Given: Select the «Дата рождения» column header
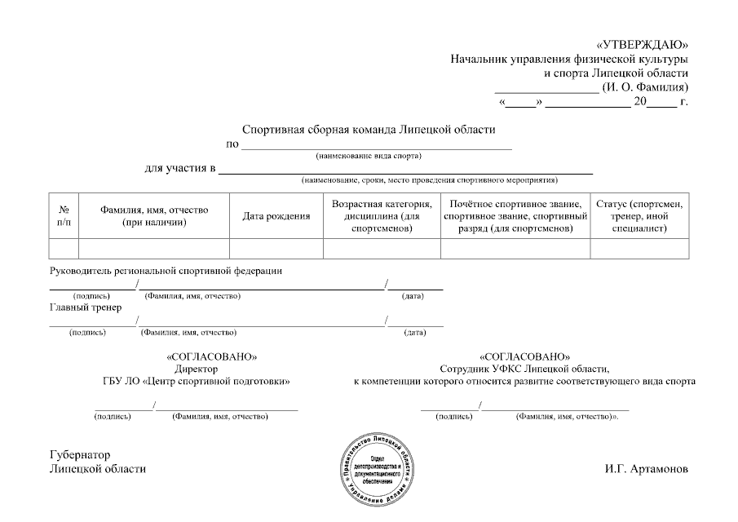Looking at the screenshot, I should click(276, 216).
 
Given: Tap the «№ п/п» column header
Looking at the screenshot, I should click(64, 216).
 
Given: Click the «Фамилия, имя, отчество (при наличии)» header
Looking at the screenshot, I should click(154, 216).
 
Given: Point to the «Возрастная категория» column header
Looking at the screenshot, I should click(382, 216).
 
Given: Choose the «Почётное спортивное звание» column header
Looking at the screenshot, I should click(515, 216).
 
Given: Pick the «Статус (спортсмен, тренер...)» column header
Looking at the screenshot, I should click(639, 216).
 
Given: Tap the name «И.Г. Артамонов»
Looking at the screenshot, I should click(647, 469).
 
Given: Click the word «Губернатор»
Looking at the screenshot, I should click(80, 455).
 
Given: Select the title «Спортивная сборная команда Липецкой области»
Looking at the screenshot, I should click(369, 129).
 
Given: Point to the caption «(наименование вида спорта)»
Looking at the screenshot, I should click(369, 155).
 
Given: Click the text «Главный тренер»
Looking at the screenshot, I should click(86, 307).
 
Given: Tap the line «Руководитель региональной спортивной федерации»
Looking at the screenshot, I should click(166, 271).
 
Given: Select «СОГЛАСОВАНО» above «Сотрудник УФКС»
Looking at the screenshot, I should click(525, 356).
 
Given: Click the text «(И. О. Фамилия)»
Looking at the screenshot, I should click(645, 86).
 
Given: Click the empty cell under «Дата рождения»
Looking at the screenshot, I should click(276, 248).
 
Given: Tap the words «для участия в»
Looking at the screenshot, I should click(179, 169).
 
